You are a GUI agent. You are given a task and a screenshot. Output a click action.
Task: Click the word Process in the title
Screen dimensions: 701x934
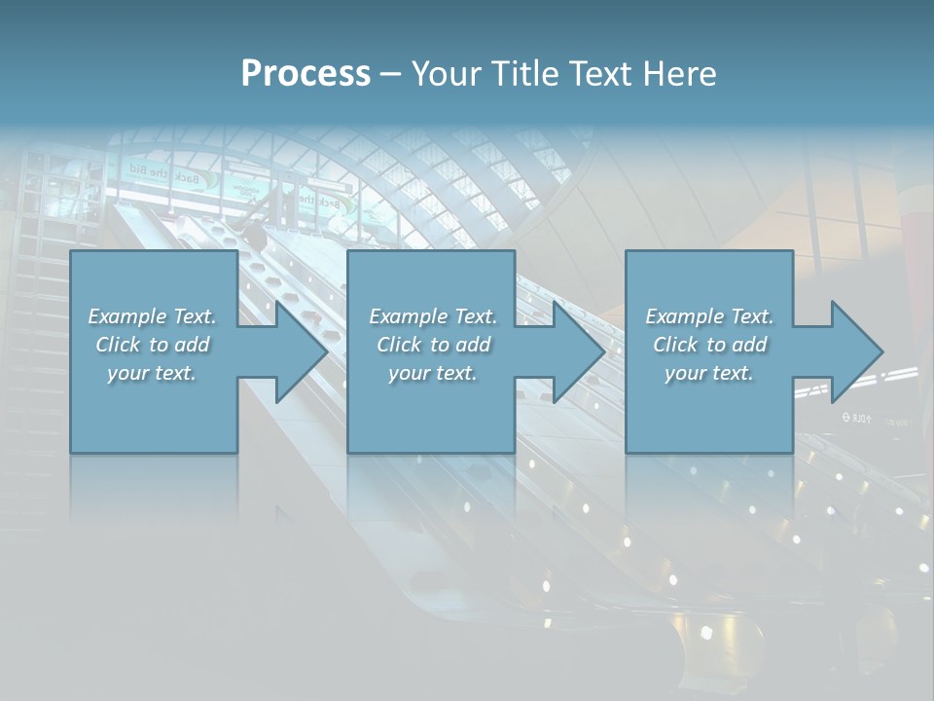(x=305, y=74)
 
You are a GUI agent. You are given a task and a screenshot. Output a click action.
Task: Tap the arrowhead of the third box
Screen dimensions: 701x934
(x=855, y=351)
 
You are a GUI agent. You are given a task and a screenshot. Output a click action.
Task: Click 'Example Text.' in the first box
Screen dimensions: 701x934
(x=152, y=316)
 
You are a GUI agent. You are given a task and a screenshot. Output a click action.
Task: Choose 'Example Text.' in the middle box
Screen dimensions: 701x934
(x=433, y=316)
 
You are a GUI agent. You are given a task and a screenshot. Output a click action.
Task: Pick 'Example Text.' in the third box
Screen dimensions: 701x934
(x=709, y=316)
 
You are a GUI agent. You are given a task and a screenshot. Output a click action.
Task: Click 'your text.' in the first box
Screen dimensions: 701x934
(x=152, y=373)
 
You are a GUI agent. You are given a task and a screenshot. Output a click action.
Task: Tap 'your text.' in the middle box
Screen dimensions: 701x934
(x=433, y=373)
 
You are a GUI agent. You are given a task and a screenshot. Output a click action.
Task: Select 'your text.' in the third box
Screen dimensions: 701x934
(x=709, y=373)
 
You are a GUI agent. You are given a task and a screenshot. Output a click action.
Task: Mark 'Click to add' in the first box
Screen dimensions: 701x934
(x=152, y=345)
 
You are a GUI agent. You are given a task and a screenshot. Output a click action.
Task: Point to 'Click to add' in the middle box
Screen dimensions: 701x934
(x=433, y=345)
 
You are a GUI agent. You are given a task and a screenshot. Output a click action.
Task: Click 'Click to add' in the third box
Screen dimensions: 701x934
(x=709, y=345)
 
